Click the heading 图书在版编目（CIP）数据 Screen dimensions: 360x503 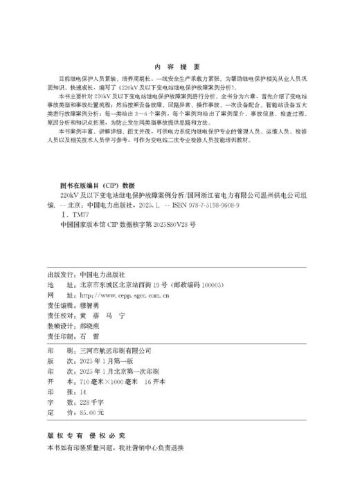[97, 185]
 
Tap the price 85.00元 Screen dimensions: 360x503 [91, 411]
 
